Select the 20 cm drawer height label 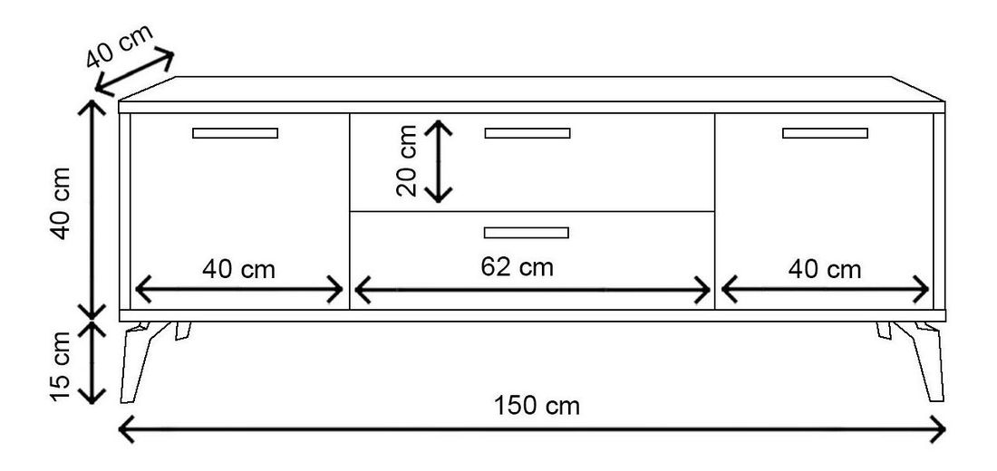pyautogui.click(x=408, y=161)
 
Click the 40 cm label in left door pyautogui.click(x=239, y=269)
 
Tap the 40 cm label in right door pyautogui.click(x=824, y=269)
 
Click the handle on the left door pyautogui.click(x=235, y=133)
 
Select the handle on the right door pyautogui.click(x=825, y=133)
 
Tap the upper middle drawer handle pyautogui.click(x=528, y=133)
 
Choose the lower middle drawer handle pyautogui.click(x=527, y=232)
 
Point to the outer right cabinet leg pyautogui.click(x=930, y=361)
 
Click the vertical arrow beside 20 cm pyautogui.click(x=440, y=161)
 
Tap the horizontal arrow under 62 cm pyautogui.click(x=533, y=291)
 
